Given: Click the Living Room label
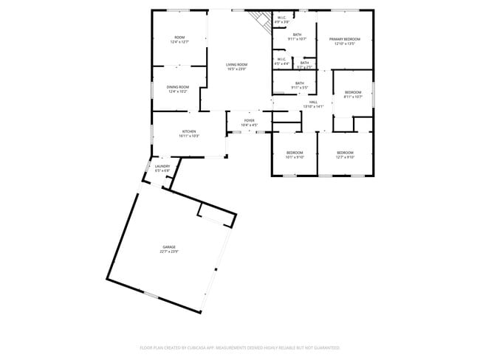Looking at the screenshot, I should point(236,65).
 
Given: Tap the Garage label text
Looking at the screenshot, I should point(169,246).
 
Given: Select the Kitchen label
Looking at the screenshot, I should point(189,131).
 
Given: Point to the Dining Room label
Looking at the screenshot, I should point(179,87).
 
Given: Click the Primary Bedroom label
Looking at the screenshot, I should point(344,39).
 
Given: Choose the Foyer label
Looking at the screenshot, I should point(250,120).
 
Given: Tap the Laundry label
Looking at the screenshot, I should point(162,166).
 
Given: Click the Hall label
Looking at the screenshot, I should point(313,102).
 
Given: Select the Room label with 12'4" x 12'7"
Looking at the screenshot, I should point(179,38).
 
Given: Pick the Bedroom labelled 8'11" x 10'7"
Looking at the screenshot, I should point(353,91).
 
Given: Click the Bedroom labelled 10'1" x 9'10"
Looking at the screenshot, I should point(295,153).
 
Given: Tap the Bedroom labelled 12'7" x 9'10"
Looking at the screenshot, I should point(345,153).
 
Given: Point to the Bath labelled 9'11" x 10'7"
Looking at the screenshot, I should point(297,35).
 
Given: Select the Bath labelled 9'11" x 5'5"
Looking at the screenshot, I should point(299,83).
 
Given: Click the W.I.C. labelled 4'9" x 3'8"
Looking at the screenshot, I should point(281,18).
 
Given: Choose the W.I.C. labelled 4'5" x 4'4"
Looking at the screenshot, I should point(281,60).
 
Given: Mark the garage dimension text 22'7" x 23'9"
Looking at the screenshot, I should point(169,252).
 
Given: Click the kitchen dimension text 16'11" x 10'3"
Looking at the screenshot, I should point(189,136).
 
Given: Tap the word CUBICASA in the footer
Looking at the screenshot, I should point(195,347).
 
